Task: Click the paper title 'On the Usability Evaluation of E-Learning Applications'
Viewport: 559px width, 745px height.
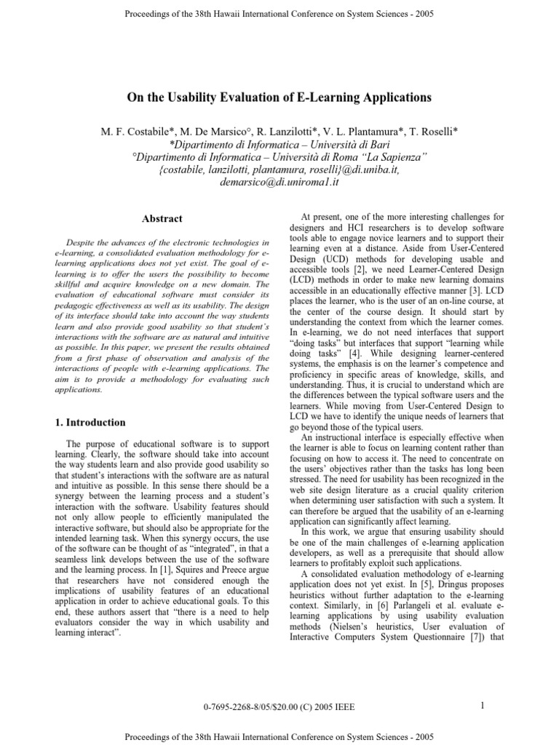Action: pos(279,97)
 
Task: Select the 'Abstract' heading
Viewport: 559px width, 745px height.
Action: pos(162,219)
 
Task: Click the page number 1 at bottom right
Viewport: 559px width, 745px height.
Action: pos(483,704)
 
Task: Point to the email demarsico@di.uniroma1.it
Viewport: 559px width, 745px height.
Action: pos(279,183)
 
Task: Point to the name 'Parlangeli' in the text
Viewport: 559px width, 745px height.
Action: pos(384,602)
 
